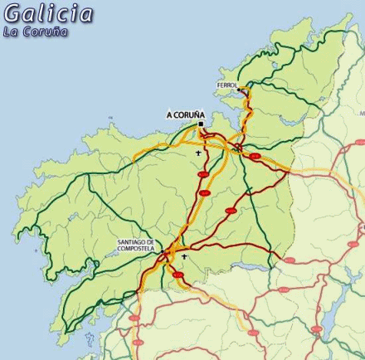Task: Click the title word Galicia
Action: click(49, 14)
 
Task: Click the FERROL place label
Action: click(227, 85)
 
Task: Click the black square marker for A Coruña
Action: click(201, 124)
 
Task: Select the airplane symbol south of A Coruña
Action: click(198, 153)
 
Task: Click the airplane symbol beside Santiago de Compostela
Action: click(183, 257)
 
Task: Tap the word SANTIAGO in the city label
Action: click(133, 242)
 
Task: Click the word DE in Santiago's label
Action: click(152, 242)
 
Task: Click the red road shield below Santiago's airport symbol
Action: click(178, 275)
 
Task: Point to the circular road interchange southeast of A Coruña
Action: click(237, 148)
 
